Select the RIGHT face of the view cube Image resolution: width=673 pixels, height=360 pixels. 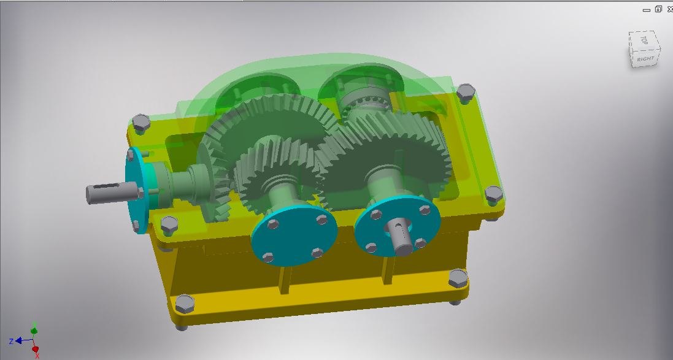pyautogui.click(x=645, y=59)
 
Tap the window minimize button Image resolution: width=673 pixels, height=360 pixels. pyautogui.click(x=645, y=9)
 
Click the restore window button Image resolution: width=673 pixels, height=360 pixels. pyautogui.click(x=658, y=9)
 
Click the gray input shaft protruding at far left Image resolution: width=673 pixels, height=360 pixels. pyautogui.click(x=104, y=193)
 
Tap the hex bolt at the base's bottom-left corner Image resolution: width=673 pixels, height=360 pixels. pyautogui.click(x=183, y=304)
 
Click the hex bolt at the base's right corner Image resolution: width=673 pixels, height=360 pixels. pyautogui.click(x=458, y=278)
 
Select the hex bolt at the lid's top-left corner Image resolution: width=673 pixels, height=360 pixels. pyautogui.click(x=141, y=121)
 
